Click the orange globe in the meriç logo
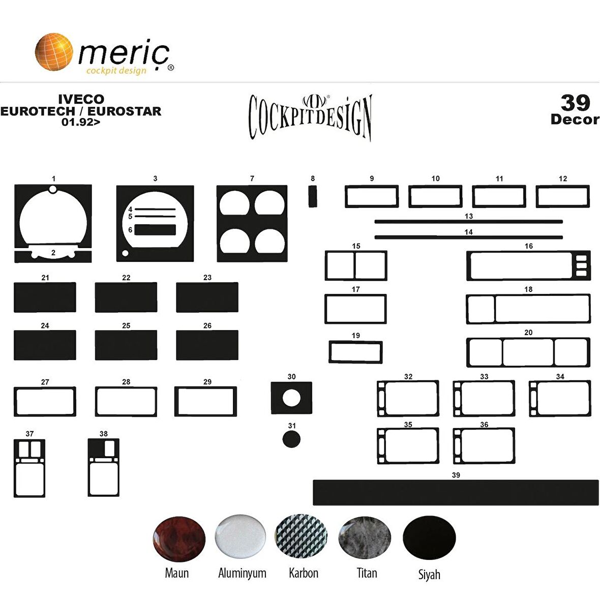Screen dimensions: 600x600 (x=54, y=52)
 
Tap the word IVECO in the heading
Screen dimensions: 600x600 (x=81, y=99)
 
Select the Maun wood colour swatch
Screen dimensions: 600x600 (x=179, y=539)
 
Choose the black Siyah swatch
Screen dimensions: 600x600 (x=429, y=537)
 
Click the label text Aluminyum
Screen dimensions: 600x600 (x=242, y=573)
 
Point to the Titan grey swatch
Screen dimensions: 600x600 (x=365, y=537)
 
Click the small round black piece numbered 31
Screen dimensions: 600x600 (x=291, y=439)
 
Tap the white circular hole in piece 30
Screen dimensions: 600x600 (x=291, y=398)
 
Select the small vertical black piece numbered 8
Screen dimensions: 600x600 (x=313, y=196)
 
